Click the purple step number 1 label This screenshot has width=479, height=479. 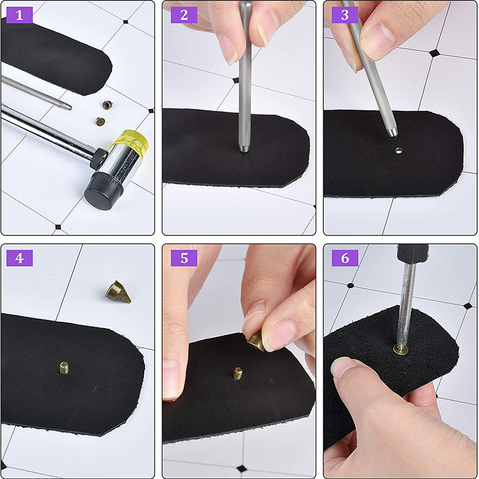19,14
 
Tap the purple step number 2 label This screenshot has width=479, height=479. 184,14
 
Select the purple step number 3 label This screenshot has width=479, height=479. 345,14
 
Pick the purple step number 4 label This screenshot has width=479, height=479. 19,258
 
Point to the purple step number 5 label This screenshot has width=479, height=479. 184,258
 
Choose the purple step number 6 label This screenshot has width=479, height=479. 345,258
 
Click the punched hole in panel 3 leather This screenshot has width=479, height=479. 398,150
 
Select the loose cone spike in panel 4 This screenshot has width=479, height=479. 118,292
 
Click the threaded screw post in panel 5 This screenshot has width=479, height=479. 238,373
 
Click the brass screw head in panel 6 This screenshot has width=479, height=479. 401,349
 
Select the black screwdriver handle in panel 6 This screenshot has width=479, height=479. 413,253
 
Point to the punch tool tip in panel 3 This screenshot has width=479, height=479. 393,132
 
